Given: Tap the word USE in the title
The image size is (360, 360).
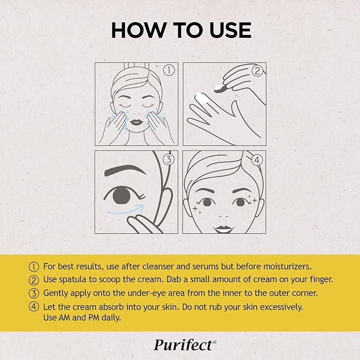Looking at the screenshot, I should click(226, 30).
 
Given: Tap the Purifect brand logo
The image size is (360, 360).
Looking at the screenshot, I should click(185, 345).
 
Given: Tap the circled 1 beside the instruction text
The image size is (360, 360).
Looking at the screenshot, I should click(35, 266).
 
